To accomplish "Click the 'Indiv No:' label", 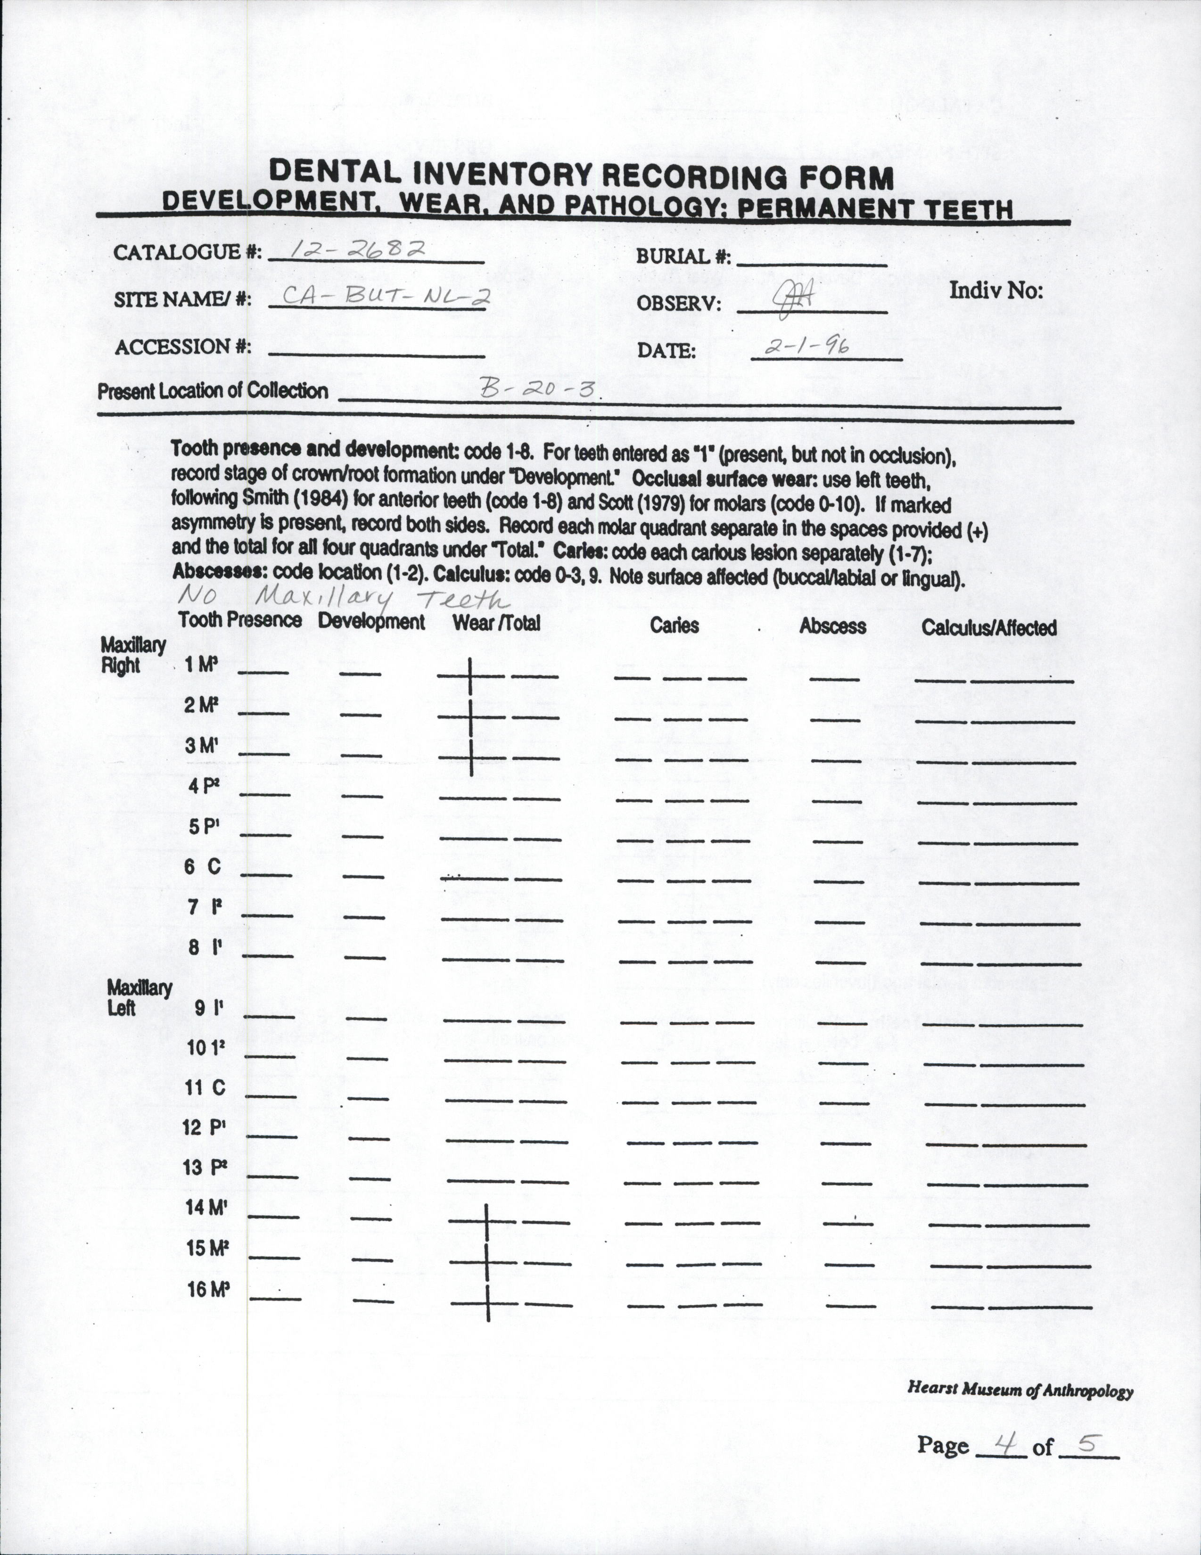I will click(995, 290).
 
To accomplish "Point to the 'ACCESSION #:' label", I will click(183, 347).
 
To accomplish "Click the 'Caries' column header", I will click(674, 625).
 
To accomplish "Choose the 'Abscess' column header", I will click(832, 626).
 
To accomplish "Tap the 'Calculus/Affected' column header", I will click(989, 627).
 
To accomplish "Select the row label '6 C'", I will click(204, 866).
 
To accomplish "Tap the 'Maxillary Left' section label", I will click(139, 997).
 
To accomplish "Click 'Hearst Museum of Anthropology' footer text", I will click(1020, 1389).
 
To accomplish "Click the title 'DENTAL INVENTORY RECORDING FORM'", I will click(581, 174).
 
